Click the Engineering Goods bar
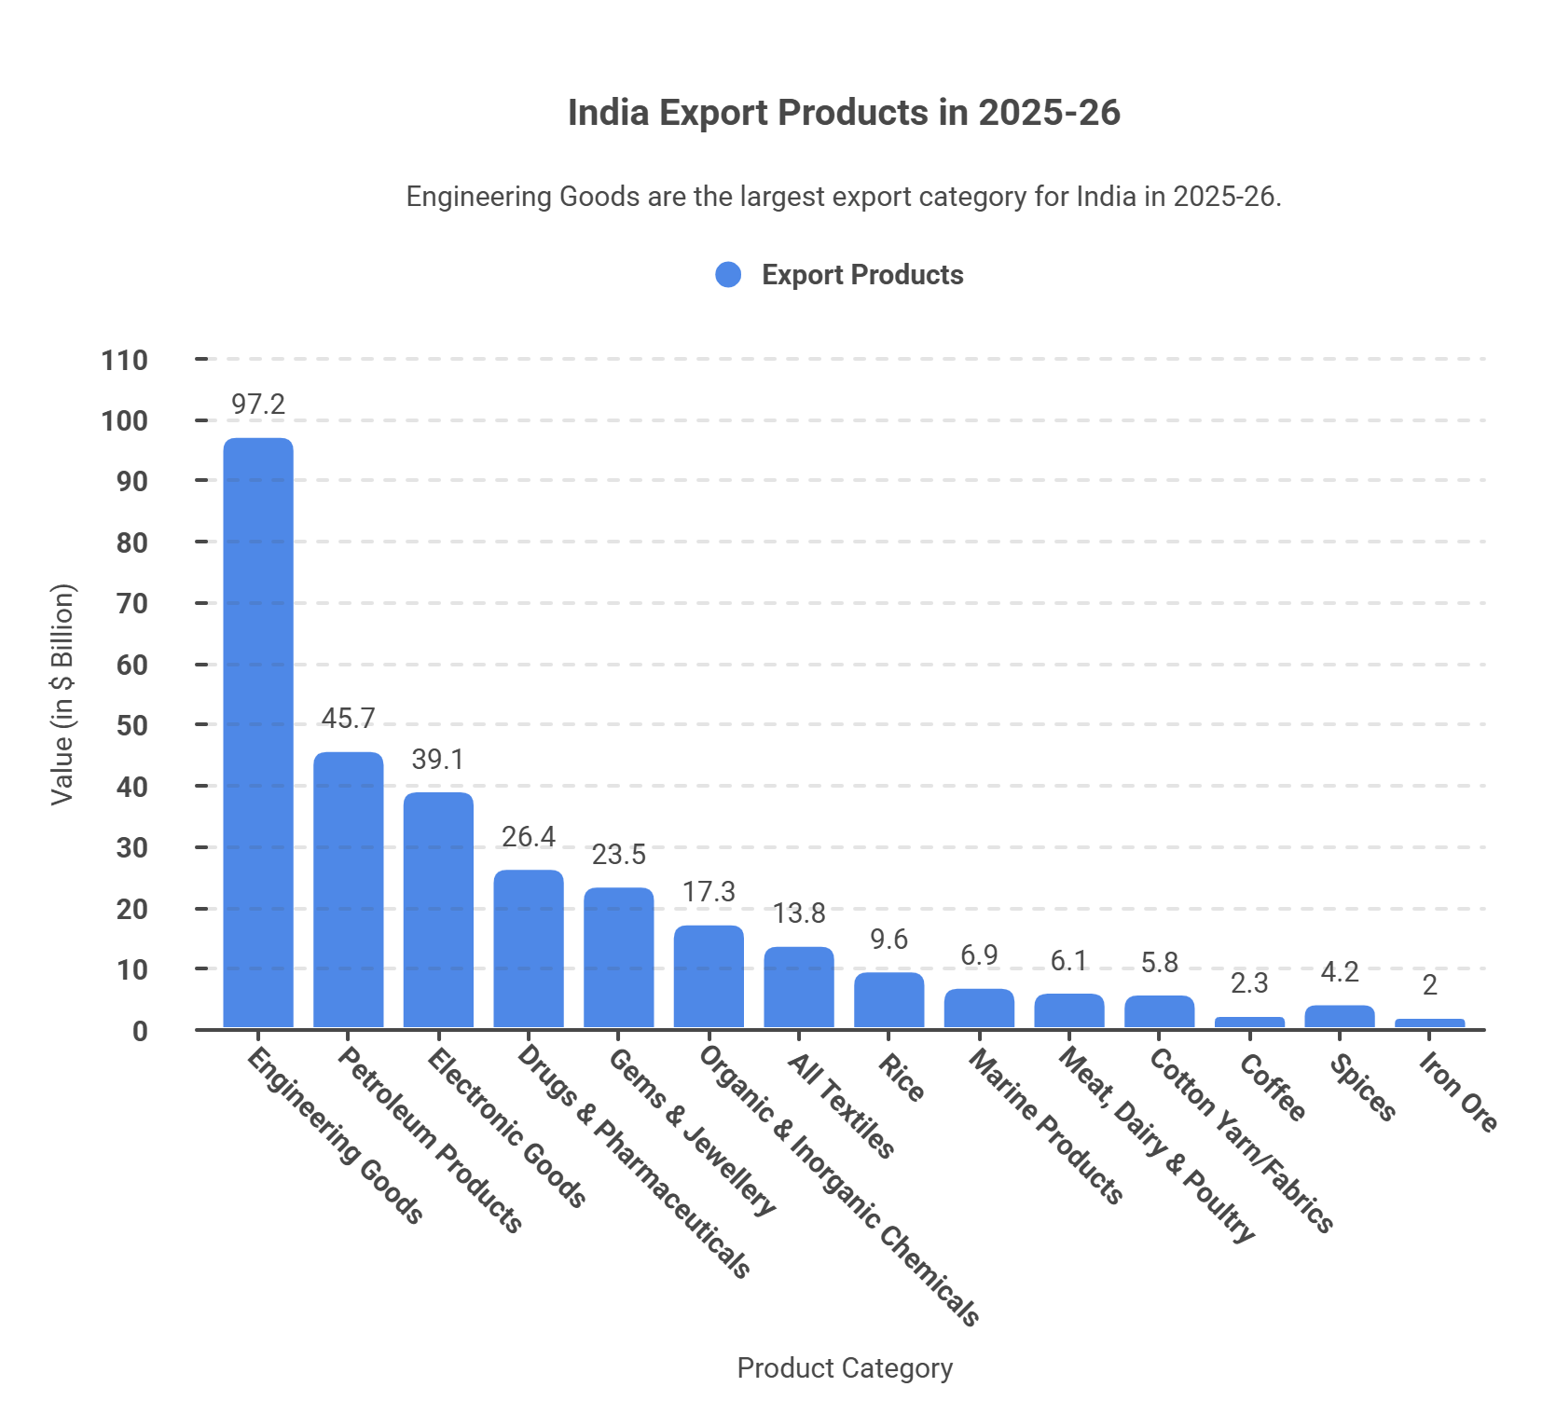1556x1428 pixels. tap(258, 733)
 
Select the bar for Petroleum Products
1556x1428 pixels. tap(348, 890)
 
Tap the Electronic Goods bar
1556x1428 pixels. tap(438, 910)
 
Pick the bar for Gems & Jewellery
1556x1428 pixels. tap(619, 957)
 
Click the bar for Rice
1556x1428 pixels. tap(889, 1000)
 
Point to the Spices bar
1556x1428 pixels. tap(1340, 1016)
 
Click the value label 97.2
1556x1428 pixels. tap(258, 405)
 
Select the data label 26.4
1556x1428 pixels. tap(529, 837)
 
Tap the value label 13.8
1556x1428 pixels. tap(799, 913)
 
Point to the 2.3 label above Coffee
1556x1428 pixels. tap(1249, 983)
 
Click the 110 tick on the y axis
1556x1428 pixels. tap(125, 361)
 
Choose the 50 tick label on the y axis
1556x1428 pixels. tap(131, 726)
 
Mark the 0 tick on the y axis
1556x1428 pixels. tap(140, 1032)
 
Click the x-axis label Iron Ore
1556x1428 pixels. tap(1457, 1092)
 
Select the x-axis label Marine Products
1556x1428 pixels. tap(1045, 1126)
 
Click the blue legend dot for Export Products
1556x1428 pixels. tap(728, 275)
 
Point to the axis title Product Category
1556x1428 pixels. tap(845, 1368)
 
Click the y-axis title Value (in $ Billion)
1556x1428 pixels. tap(62, 694)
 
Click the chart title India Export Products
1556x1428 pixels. tap(844, 113)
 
